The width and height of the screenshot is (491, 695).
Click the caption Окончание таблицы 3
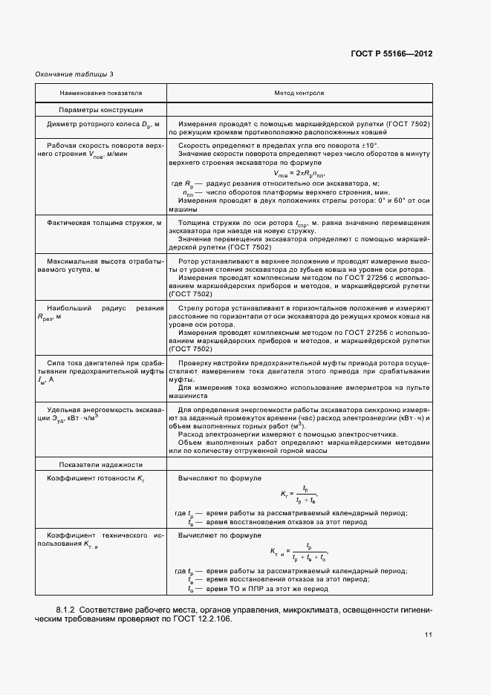point(74,74)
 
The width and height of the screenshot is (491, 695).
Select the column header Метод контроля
point(299,94)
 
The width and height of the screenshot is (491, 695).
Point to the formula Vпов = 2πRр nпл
point(299,174)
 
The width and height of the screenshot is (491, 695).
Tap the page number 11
point(428,635)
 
